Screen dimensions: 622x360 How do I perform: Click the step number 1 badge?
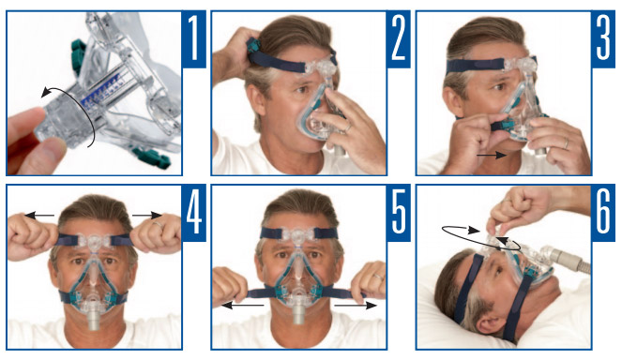[x=194, y=38]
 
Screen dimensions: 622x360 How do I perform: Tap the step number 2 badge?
[x=399, y=38]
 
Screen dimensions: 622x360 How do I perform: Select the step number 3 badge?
[x=603, y=38]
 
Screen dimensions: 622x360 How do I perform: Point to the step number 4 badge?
[x=194, y=213]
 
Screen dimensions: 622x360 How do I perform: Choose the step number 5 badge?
[x=399, y=213]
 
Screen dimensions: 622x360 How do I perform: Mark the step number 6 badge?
[x=603, y=213]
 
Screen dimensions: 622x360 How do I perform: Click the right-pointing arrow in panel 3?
[x=491, y=155]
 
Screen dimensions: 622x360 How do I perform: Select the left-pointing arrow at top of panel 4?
[x=39, y=216]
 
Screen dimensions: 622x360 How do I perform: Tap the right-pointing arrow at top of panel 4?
[x=147, y=216]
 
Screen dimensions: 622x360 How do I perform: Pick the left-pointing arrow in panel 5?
[x=242, y=305]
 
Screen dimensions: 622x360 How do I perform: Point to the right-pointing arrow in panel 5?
[x=356, y=305]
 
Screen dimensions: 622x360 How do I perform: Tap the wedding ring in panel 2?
[x=347, y=127]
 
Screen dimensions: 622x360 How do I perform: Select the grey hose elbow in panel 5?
[x=298, y=313]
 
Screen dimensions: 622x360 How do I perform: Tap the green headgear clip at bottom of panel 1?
[x=152, y=157]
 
